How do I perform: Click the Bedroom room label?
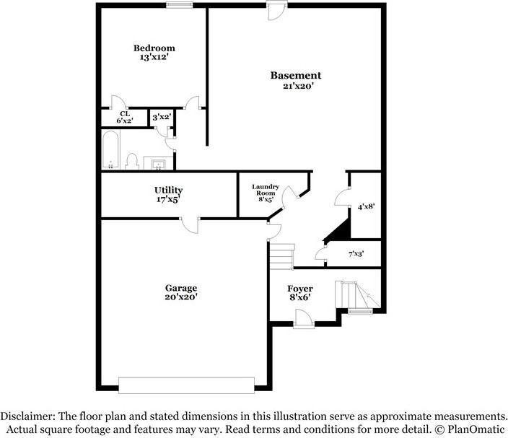pyautogui.click(x=154, y=48)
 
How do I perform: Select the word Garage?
pyautogui.click(x=180, y=288)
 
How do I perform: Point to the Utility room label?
pyautogui.click(x=168, y=190)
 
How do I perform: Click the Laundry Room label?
pyautogui.click(x=265, y=190)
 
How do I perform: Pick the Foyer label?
pyautogui.click(x=300, y=289)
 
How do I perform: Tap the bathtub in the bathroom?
pyautogui.click(x=112, y=150)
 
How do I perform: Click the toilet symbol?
pyautogui.click(x=133, y=160)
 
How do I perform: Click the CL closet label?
pyautogui.click(x=125, y=114)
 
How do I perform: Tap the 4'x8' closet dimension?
pyautogui.click(x=366, y=206)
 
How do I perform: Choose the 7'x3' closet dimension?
pyautogui.click(x=356, y=254)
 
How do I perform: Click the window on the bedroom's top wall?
pyautogui.click(x=179, y=5)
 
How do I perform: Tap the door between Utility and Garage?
pyautogui.click(x=190, y=224)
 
